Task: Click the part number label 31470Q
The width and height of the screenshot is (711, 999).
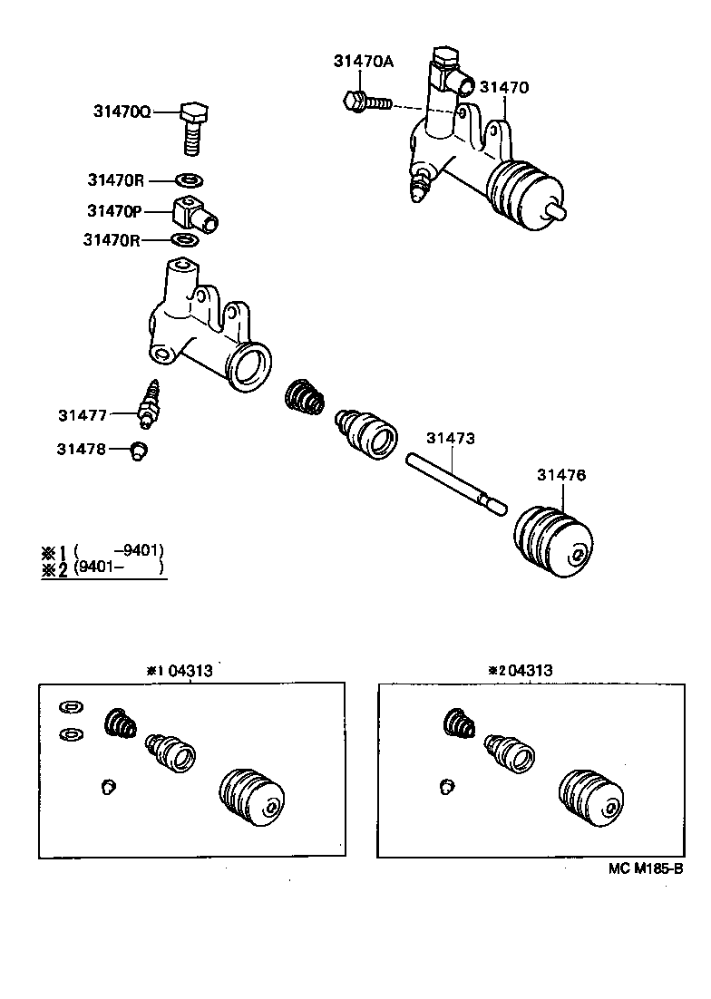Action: coord(122,112)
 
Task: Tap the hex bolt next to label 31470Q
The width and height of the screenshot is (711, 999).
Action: coord(192,128)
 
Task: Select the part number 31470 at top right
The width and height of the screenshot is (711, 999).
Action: coord(504,87)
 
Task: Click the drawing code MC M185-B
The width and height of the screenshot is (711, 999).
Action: coord(644,868)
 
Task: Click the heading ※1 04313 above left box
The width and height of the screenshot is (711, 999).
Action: coord(180,671)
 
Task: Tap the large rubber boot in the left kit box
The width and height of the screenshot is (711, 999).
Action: coord(253,798)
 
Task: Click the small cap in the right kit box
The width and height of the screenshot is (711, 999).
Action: coord(446,784)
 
